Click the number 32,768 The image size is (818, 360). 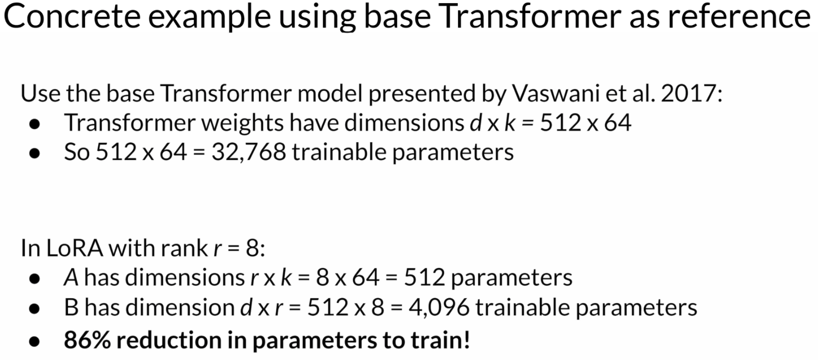249,152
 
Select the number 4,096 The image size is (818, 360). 439,307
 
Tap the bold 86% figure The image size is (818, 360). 87,340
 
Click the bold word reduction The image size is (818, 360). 169,340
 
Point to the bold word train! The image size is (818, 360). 441,340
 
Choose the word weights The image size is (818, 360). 242,123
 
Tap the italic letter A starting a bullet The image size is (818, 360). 71,277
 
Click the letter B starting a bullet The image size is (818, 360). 71,307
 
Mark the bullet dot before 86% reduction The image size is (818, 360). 34,341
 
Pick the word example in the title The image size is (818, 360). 209,17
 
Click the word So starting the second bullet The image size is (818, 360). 76,152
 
